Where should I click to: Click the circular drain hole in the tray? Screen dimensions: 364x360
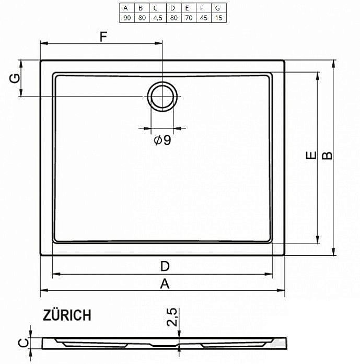click(162, 96)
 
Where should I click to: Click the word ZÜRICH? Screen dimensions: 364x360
click(67, 315)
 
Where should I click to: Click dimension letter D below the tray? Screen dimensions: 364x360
click(164, 266)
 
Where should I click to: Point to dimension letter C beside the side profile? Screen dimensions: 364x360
click(22, 343)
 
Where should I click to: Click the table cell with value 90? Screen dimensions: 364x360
click(126, 17)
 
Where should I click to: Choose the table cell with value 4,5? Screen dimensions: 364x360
click(157, 17)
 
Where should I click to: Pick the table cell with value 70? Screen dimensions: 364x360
click(188, 17)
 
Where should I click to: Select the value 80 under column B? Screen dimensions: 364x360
click(142, 17)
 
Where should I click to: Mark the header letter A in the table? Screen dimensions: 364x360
click(126, 8)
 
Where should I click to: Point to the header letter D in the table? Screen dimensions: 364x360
click(173, 8)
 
